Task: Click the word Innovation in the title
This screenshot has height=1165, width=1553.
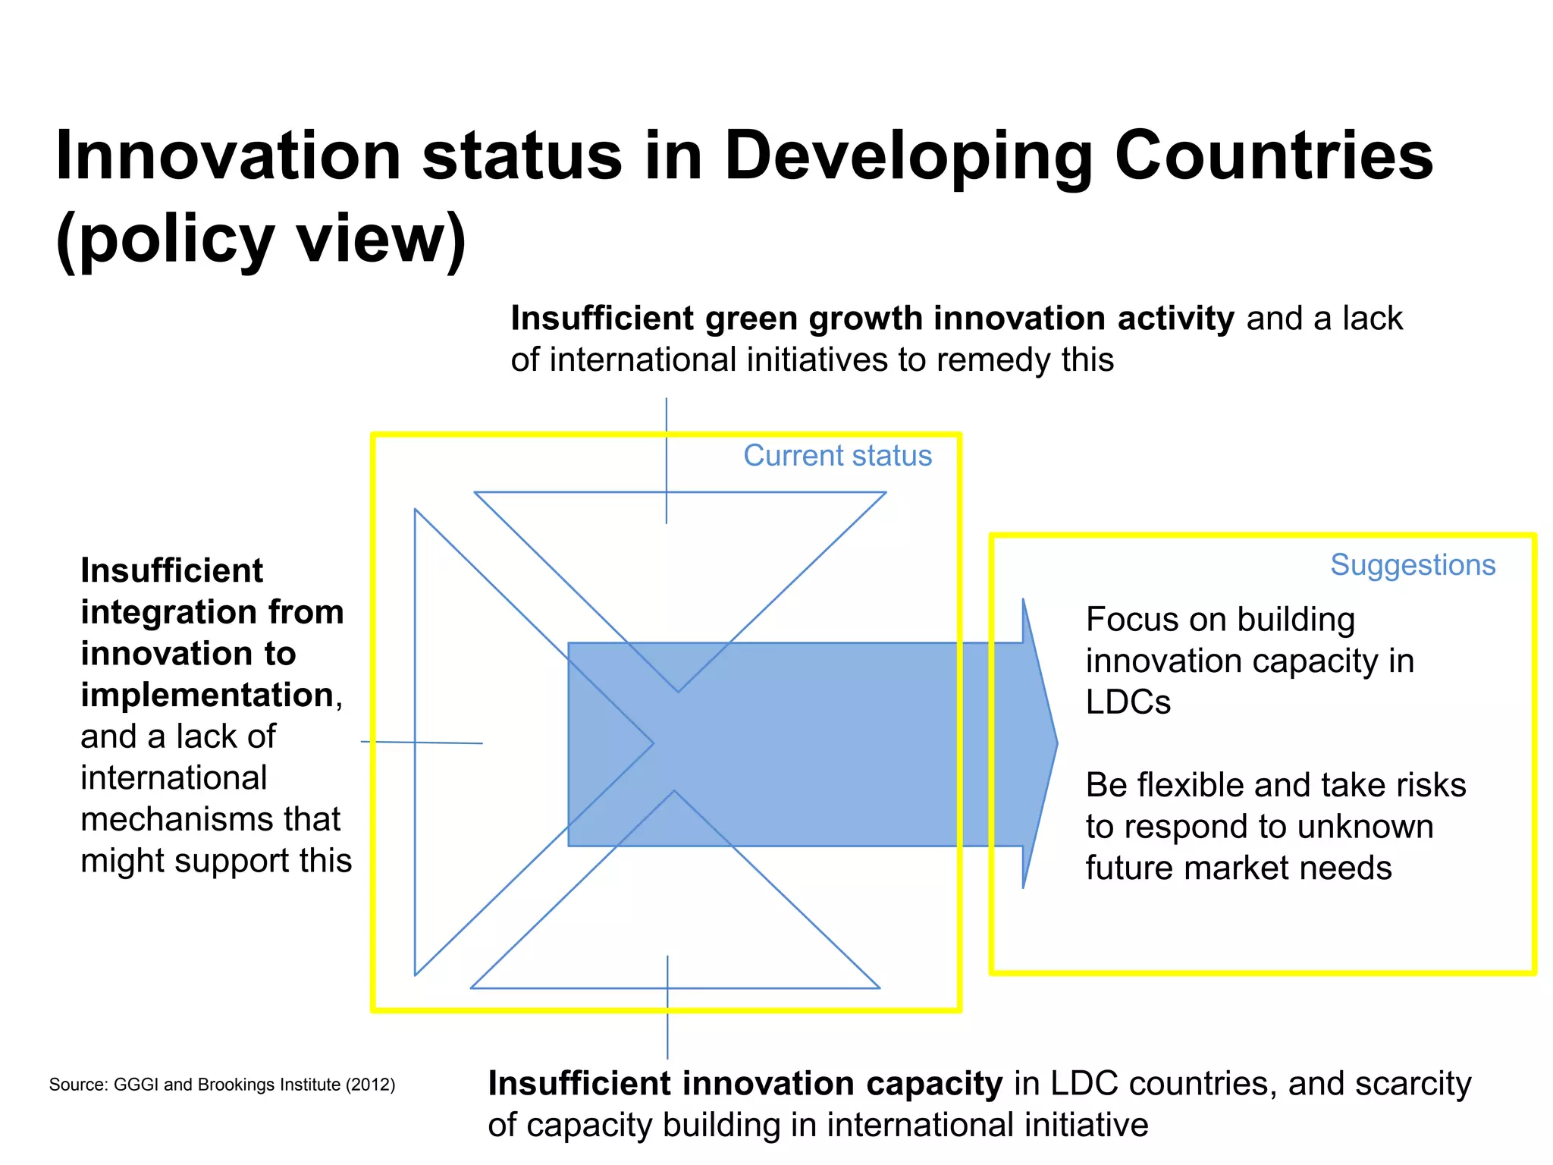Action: pyautogui.click(x=227, y=155)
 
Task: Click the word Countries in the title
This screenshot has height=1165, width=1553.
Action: pyautogui.click(x=1273, y=155)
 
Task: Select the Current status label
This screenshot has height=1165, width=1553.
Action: pyautogui.click(x=837, y=456)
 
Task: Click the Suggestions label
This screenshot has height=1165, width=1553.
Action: pyautogui.click(x=1412, y=565)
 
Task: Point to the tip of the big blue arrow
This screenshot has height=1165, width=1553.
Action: pyautogui.click(x=1056, y=743)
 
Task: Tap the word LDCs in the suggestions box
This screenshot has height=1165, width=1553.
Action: pyautogui.click(x=1128, y=702)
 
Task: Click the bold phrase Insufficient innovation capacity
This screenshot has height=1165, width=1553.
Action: pyautogui.click(x=745, y=1083)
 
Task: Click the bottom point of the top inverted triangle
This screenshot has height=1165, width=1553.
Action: pyautogui.click(x=678, y=691)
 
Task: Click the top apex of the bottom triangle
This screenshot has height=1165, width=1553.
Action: pyautogui.click(x=674, y=792)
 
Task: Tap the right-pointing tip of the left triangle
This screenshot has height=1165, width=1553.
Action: pyautogui.click(x=652, y=743)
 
